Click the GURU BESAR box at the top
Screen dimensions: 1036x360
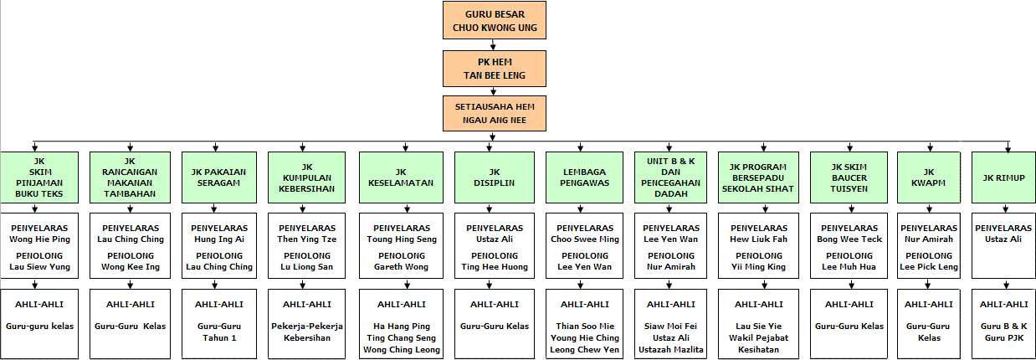pos(495,20)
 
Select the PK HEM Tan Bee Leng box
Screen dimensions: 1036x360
pos(495,69)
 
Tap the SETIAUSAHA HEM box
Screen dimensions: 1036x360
pos(495,113)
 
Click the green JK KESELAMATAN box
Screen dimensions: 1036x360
pos(401,177)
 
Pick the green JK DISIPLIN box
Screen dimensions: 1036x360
pos(494,177)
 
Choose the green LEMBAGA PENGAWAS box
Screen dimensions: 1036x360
pos(584,177)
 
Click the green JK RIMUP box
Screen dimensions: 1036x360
pos(1003,177)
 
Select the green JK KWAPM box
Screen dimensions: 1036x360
pos(928,177)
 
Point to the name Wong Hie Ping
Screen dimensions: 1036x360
pos(40,239)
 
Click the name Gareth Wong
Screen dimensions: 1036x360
pos(401,267)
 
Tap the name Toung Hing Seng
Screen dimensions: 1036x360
pos(402,239)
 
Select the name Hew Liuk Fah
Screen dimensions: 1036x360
pos(758,239)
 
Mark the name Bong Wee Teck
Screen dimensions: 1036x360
pos(849,239)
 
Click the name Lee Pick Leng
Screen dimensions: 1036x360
pos(929,267)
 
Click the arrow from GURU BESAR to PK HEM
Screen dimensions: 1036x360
pos(493,45)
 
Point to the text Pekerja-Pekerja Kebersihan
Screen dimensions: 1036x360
pos(307,332)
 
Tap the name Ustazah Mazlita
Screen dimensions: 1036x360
pos(670,350)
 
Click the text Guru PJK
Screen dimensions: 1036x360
pos(1004,337)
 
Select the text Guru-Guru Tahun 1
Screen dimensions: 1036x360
pos(219,332)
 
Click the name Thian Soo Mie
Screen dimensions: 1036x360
pos(585,327)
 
